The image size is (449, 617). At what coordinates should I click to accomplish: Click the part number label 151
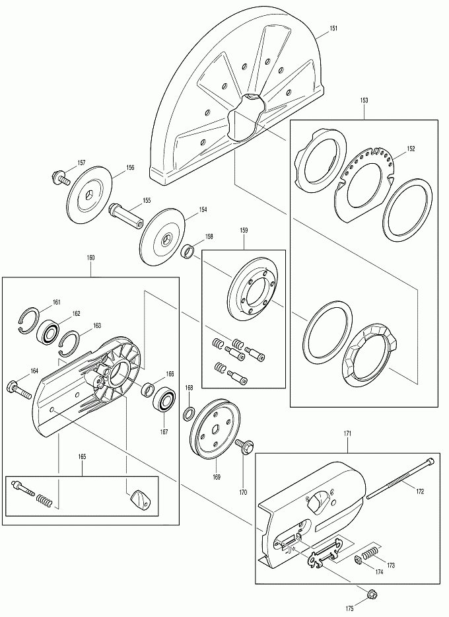pos(333,28)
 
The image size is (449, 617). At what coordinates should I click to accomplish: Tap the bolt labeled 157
pos(61,178)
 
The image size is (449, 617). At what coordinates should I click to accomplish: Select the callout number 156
pos(129,168)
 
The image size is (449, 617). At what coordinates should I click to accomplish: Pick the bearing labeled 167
pos(164,402)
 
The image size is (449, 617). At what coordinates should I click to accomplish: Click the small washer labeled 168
pos(189,414)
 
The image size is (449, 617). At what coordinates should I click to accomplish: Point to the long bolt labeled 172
pos(400,478)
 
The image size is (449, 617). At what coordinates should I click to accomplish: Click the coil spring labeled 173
pos(369,553)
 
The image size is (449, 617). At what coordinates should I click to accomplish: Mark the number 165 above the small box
pos(82,457)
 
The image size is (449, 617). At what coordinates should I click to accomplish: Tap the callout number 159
pos(244,230)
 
